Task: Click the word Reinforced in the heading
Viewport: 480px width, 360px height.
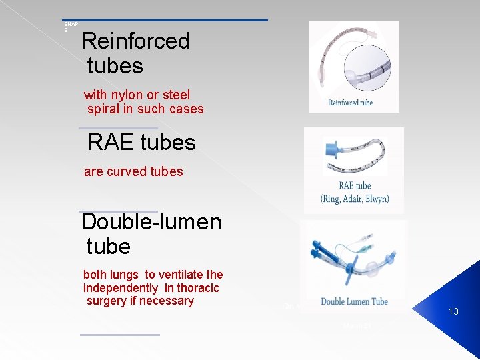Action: (135, 41)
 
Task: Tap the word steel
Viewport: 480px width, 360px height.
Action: (175, 95)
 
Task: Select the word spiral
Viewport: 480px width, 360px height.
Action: (103, 109)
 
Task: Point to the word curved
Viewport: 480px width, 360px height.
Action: (127, 171)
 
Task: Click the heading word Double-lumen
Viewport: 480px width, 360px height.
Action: (151, 221)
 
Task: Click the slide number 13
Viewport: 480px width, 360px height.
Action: (453, 311)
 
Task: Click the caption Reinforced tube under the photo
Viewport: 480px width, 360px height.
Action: (351, 103)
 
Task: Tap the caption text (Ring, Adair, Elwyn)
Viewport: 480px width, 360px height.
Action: (355, 199)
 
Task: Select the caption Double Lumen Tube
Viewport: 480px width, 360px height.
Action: (354, 301)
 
